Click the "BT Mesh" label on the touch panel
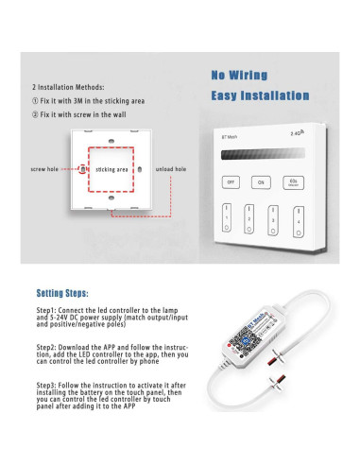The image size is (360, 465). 231,138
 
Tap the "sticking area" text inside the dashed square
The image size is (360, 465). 112,169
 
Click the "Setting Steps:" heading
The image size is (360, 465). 63,293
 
